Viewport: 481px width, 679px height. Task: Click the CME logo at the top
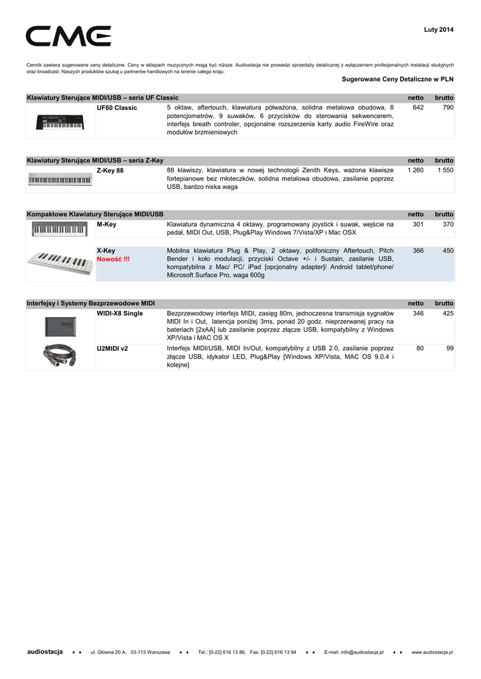(x=68, y=36)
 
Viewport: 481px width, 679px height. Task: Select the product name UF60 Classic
(x=117, y=107)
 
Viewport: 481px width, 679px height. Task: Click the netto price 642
(x=418, y=107)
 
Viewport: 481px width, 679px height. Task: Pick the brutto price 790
(x=448, y=107)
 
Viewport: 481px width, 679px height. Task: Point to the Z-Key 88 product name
(x=110, y=170)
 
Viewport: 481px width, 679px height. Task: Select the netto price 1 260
(x=415, y=170)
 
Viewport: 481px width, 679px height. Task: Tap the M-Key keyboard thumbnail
(x=60, y=229)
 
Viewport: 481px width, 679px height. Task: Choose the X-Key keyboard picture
(x=60, y=265)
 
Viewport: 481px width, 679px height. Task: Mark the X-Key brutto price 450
(x=448, y=251)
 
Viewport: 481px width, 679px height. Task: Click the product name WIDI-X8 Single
(x=120, y=313)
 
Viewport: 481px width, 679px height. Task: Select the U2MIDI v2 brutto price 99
(x=450, y=347)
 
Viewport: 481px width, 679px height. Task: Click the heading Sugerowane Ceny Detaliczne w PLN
(x=397, y=79)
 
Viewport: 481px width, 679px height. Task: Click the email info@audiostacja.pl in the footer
(x=354, y=652)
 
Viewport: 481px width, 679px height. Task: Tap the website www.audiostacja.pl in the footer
(x=432, y=652)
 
